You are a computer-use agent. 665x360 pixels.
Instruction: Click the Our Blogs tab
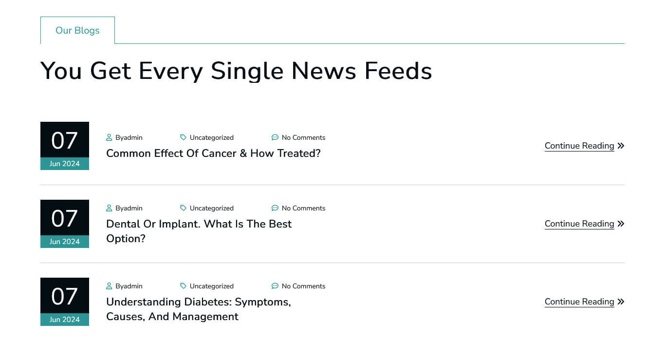pos(77,30)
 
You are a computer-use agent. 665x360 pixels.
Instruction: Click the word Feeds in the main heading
pos(398,71)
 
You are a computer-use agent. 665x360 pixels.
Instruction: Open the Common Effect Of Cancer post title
pos(213,153)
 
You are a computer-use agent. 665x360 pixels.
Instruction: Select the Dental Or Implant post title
pos(199,231)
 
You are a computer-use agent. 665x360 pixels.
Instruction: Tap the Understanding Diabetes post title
pos(199,309)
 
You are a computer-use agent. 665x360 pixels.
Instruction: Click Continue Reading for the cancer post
pos(579,146)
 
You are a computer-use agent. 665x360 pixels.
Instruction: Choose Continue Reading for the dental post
pos(579,224)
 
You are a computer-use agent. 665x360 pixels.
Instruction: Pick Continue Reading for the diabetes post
pos(579,302)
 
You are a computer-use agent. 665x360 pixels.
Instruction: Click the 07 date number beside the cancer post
pos(64,140)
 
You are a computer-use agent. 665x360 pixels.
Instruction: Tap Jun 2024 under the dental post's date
pos(64,242)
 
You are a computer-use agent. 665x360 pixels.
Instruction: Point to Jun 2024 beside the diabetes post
pos(64,319)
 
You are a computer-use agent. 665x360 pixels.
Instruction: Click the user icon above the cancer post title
pos(109,137)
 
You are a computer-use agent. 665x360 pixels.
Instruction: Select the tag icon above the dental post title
pos(183,208)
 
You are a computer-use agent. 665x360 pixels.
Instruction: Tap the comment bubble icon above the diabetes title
pos(275,286)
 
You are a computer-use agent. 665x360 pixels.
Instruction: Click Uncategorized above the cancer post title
pos(212,137)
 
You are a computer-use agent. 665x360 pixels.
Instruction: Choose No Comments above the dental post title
pos(303,208)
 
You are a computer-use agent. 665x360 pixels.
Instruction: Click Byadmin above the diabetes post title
pos(129,286)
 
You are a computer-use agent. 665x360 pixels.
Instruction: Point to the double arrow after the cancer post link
pos(621,146)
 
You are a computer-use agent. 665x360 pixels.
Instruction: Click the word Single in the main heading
pos(247,71)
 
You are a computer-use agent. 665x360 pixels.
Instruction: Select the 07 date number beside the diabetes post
pos(64,296)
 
